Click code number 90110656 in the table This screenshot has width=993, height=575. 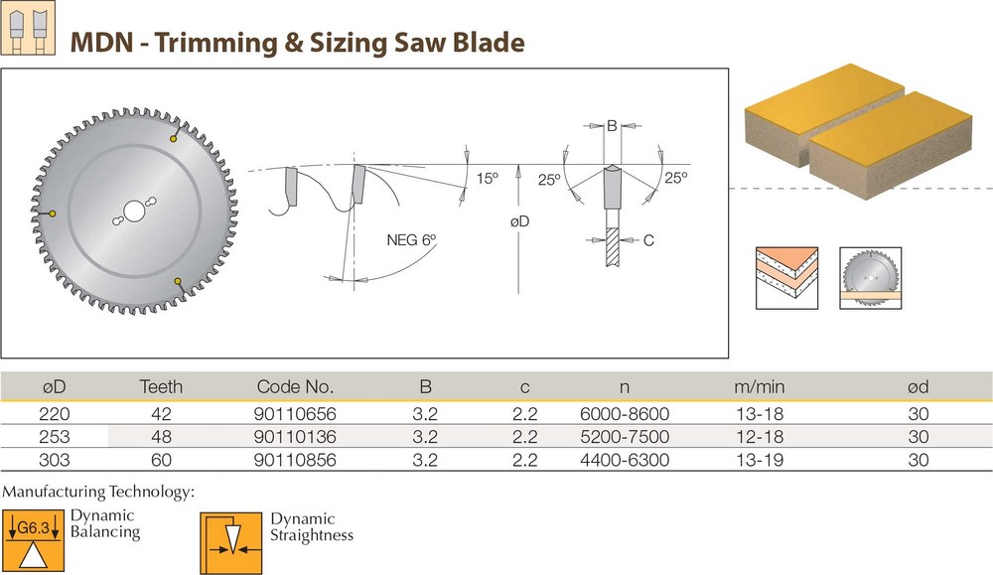pos(294,414)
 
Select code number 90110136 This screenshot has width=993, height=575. pos(294,437)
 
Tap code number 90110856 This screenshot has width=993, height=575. pos(294,460)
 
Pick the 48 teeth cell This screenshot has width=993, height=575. pos(161,437)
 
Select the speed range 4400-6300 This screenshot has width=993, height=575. pos(624,460)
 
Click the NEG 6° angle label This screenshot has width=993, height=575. pos(411,239)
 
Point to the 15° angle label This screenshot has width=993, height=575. pos(487,179)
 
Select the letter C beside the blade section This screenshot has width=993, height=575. pos(647,239)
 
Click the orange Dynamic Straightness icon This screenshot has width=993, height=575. pos(230,541)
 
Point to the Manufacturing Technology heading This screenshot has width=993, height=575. pos(98,492)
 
